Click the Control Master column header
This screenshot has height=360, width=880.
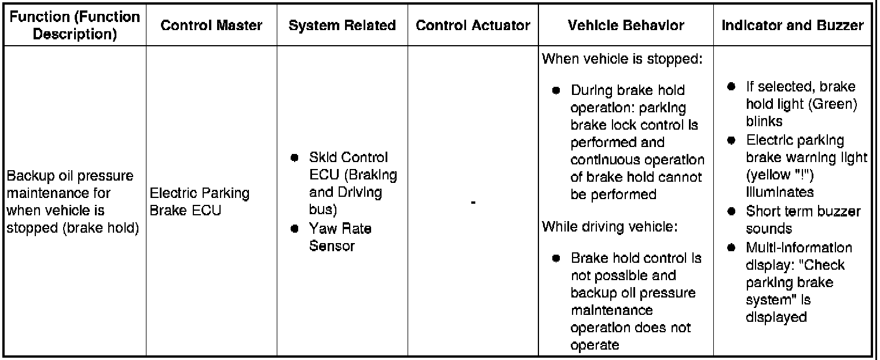(x=211, y=25)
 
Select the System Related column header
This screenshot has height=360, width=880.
(x=342, y=25)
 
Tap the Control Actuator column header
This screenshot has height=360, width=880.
(x=473, y=25)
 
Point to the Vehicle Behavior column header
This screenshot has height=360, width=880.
(x=625, y=25)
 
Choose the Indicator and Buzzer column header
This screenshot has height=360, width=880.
(x=793, y=25)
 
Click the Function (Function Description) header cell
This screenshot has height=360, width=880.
(x=74, y=25)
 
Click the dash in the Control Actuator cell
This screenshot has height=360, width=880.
(x=473, y=202)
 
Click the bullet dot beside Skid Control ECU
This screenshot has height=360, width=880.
(x=295, y=158)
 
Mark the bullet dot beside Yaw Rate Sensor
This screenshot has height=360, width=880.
(x=295, y=229)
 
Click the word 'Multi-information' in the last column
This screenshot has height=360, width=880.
(x=799, y=248)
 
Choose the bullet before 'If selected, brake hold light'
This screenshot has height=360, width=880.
(x=731, y=86)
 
